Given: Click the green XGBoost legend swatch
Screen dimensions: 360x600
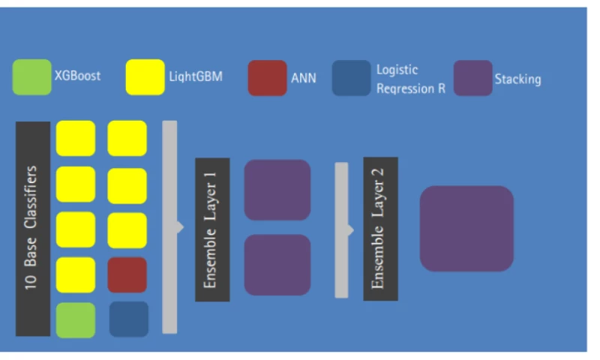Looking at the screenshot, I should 32,77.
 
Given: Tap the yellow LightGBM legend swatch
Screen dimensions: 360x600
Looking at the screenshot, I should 145,77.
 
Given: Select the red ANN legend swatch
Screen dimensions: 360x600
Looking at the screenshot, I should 267,78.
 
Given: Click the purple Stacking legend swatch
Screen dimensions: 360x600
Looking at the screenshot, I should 473,78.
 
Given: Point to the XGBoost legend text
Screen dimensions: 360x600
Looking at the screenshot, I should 77,76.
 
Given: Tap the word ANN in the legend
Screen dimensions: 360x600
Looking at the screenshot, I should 303,78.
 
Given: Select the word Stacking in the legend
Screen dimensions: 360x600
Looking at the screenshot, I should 517,79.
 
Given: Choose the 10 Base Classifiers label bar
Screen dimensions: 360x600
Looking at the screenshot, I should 33,228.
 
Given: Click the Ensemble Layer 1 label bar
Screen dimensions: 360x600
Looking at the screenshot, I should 212,229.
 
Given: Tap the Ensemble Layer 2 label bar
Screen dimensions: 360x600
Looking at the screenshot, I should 380,229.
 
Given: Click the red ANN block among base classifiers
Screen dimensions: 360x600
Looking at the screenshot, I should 127,275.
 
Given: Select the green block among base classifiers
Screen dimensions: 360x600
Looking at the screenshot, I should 76,320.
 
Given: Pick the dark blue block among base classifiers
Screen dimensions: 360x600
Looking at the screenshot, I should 128,319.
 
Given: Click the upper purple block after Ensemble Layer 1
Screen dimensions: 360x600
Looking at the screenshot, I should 277,190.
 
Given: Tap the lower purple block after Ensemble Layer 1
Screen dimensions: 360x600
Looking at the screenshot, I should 277,265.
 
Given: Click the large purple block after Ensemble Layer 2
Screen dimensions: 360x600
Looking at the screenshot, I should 466,228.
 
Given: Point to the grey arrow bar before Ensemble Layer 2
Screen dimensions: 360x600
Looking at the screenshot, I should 342,229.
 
